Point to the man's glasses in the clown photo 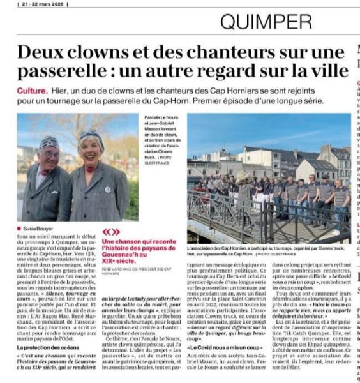(50, 154)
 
